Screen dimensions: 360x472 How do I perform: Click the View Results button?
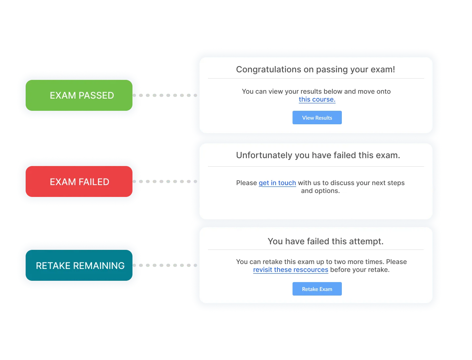coord(317,118)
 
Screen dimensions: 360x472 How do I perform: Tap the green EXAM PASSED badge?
coord(79,95)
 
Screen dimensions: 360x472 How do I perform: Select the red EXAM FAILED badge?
coord(79,181)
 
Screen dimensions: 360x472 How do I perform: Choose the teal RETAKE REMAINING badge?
coord(79,265)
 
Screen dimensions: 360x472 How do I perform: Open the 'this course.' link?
coord(317,99)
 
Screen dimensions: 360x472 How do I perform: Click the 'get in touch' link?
coord(277,183)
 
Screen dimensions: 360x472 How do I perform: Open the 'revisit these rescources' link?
coord(291,270)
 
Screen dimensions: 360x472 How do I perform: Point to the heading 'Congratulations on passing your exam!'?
coord(316,69)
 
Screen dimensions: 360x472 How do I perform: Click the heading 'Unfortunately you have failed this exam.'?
coord(318,155)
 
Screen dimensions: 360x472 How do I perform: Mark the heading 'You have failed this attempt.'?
coord(325,241)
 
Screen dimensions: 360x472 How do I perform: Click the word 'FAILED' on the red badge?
coord(94,182)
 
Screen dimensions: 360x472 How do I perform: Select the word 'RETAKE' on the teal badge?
coord(53,266)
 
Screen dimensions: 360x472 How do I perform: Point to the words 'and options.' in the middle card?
coord(320,191)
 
